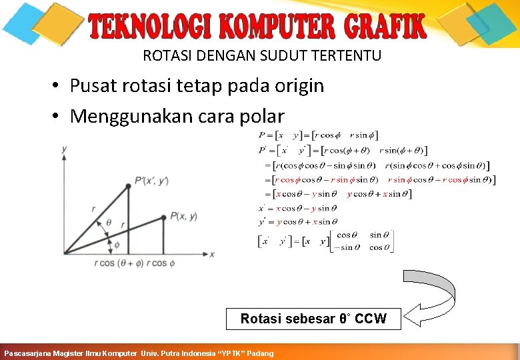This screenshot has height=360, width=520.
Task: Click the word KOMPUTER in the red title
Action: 277,27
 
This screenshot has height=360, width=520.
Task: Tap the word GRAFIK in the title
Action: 385,27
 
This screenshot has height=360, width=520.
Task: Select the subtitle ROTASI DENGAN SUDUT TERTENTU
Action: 262,56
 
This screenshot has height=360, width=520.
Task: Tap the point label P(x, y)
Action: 183,215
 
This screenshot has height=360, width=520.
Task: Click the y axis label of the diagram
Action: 64,149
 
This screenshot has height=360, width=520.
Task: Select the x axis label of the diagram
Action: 212,254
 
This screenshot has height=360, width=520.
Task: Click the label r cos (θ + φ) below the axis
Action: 117,263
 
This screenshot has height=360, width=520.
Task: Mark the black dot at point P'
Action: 128,185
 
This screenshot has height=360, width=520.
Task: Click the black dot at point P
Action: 163,217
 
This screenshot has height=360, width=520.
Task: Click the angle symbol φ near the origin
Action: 117,245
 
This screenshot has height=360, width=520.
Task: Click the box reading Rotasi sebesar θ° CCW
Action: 313,319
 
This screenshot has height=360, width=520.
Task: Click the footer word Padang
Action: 260,353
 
